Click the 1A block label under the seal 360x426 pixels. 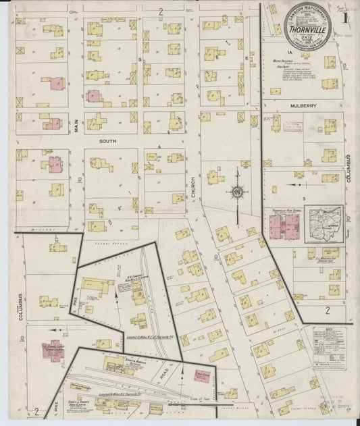pyautogui.click(x=288, y=52)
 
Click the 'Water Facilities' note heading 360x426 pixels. pyautogui.click(x=286, y=61)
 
